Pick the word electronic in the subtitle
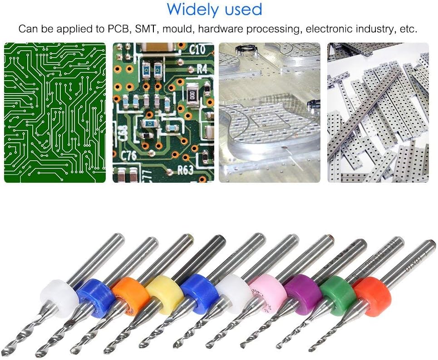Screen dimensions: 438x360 pyautogui.click(x=327, y=29)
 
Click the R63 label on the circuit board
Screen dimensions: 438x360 pyautogui.click(x=185, y=171)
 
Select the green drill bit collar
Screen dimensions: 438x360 pyautogui.click(x=337, y=295)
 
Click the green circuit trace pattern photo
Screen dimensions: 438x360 pyautogui.click(x=55, y=113)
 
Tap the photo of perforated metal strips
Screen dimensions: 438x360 pyautogui.click(x=378, y=113)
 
